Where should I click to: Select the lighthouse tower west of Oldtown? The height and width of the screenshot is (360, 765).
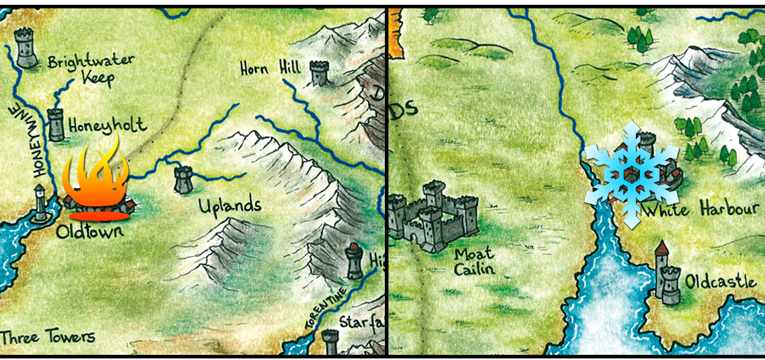click(x=40, y=204)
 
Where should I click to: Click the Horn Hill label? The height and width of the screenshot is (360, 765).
click(x=270, y=68)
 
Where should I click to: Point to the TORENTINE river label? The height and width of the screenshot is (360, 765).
click(x=326, y=308)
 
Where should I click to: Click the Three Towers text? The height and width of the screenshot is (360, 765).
click(x=48, y=337)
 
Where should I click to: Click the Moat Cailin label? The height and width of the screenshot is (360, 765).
click(x=474, y=261)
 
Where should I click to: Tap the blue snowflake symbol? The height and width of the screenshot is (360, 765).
click(x=631, y=175)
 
